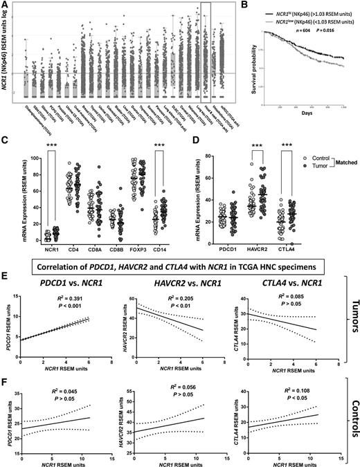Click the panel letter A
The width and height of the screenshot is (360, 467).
(x=5, y=6)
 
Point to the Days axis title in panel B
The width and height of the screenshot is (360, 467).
(x=309, y=114)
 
